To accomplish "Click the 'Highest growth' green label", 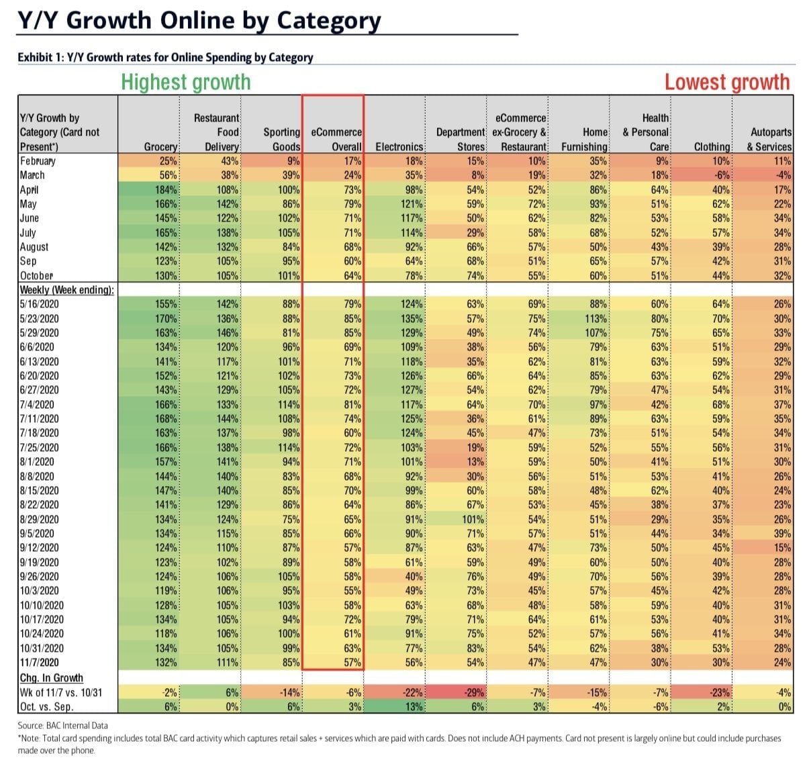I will click(185, 82).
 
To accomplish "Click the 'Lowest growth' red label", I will click(726, 82).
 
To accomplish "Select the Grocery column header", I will click(161, 146).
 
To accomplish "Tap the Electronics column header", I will click(399, 146).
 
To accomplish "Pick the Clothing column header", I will click(712, 146).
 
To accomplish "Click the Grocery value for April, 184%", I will click(166, 190).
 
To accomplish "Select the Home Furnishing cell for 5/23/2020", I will click(594, 319).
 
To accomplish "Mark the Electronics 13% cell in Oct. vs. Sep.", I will click(413, 706).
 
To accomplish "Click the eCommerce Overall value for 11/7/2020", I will click(352, 663).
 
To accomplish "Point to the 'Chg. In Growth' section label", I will click(51, 678).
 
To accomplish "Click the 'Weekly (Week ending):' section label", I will click(66, 290).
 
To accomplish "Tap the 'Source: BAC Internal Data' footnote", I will click(62, 725).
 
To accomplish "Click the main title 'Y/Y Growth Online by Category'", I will click(199, 20).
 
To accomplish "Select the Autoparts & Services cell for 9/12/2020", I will click(782, 548).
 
